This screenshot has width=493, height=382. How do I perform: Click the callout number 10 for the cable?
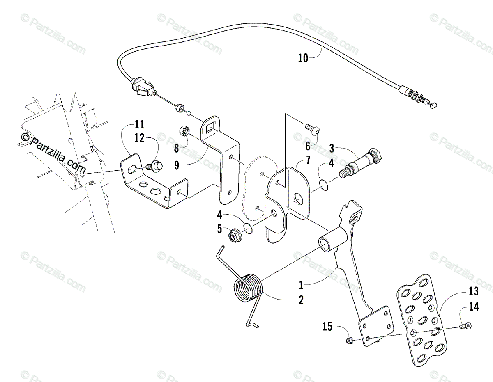(303, 58)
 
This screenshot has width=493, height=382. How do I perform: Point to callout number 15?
(327, 327)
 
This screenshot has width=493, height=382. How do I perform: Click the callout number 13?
(473, 291)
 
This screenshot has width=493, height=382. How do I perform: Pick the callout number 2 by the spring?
(301, 300)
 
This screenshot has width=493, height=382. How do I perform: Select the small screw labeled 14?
(466, 326)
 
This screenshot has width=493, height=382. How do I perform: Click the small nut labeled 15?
(349, 340)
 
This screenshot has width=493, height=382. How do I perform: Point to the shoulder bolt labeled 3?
(363, 162)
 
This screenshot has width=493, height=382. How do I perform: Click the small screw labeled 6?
(313, 130)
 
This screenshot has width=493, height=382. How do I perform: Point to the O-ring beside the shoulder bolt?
(325, 184)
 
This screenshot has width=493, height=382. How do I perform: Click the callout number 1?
(301, 284)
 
